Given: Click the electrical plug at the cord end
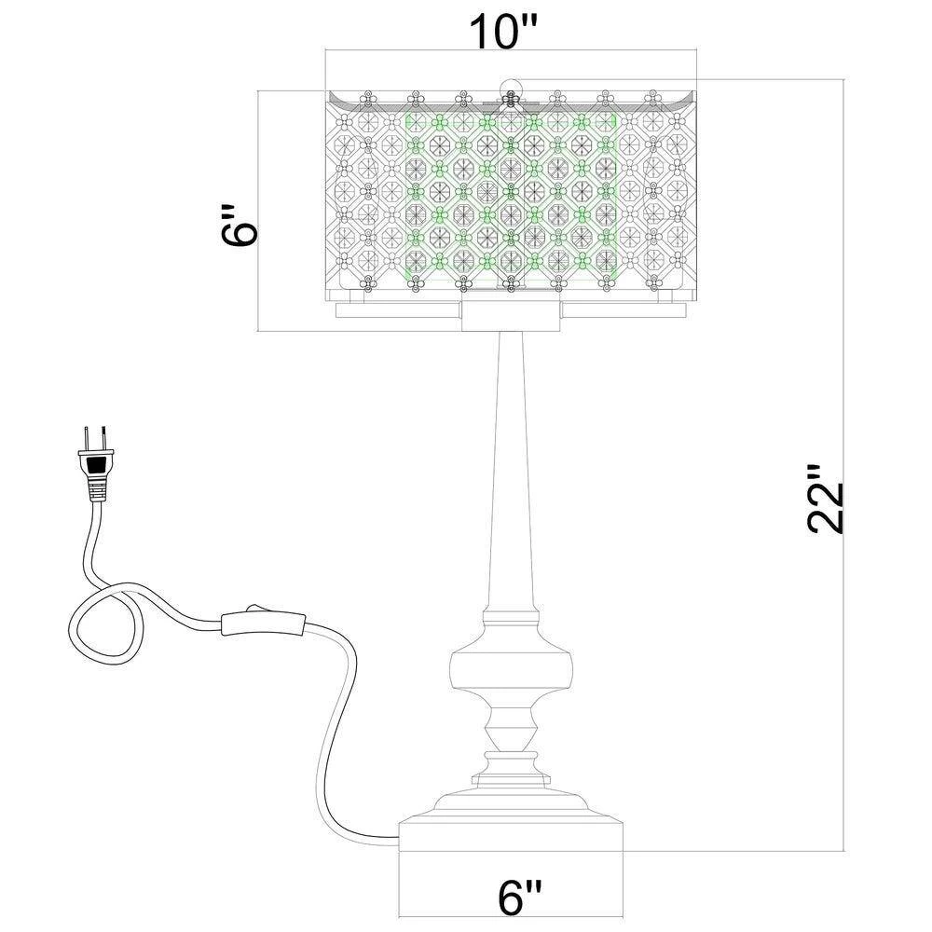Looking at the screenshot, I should point(96,461).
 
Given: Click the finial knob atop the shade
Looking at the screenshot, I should point(510,90).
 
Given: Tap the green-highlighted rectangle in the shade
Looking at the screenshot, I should point(513,196).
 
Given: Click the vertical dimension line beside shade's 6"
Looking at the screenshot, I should point(258,210).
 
